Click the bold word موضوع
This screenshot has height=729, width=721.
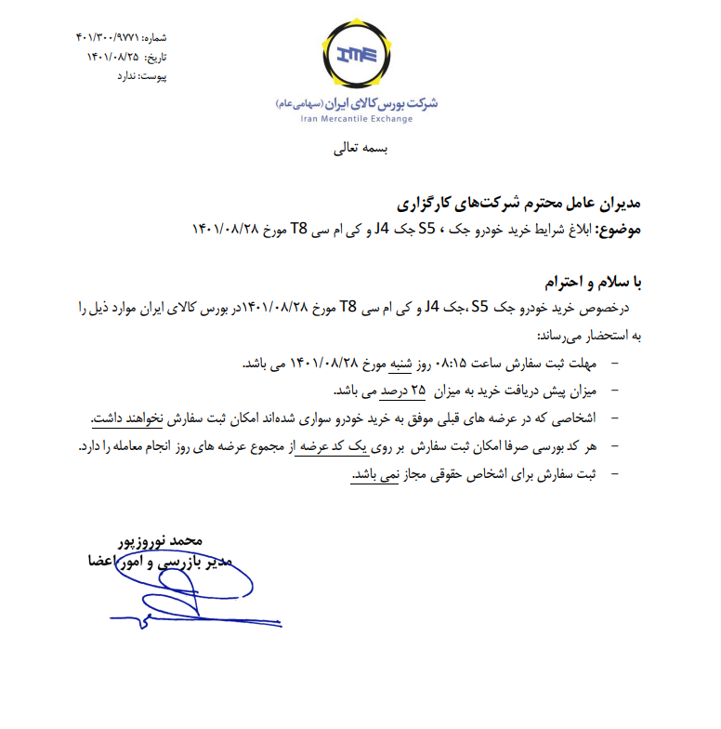[x=617, y=229]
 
